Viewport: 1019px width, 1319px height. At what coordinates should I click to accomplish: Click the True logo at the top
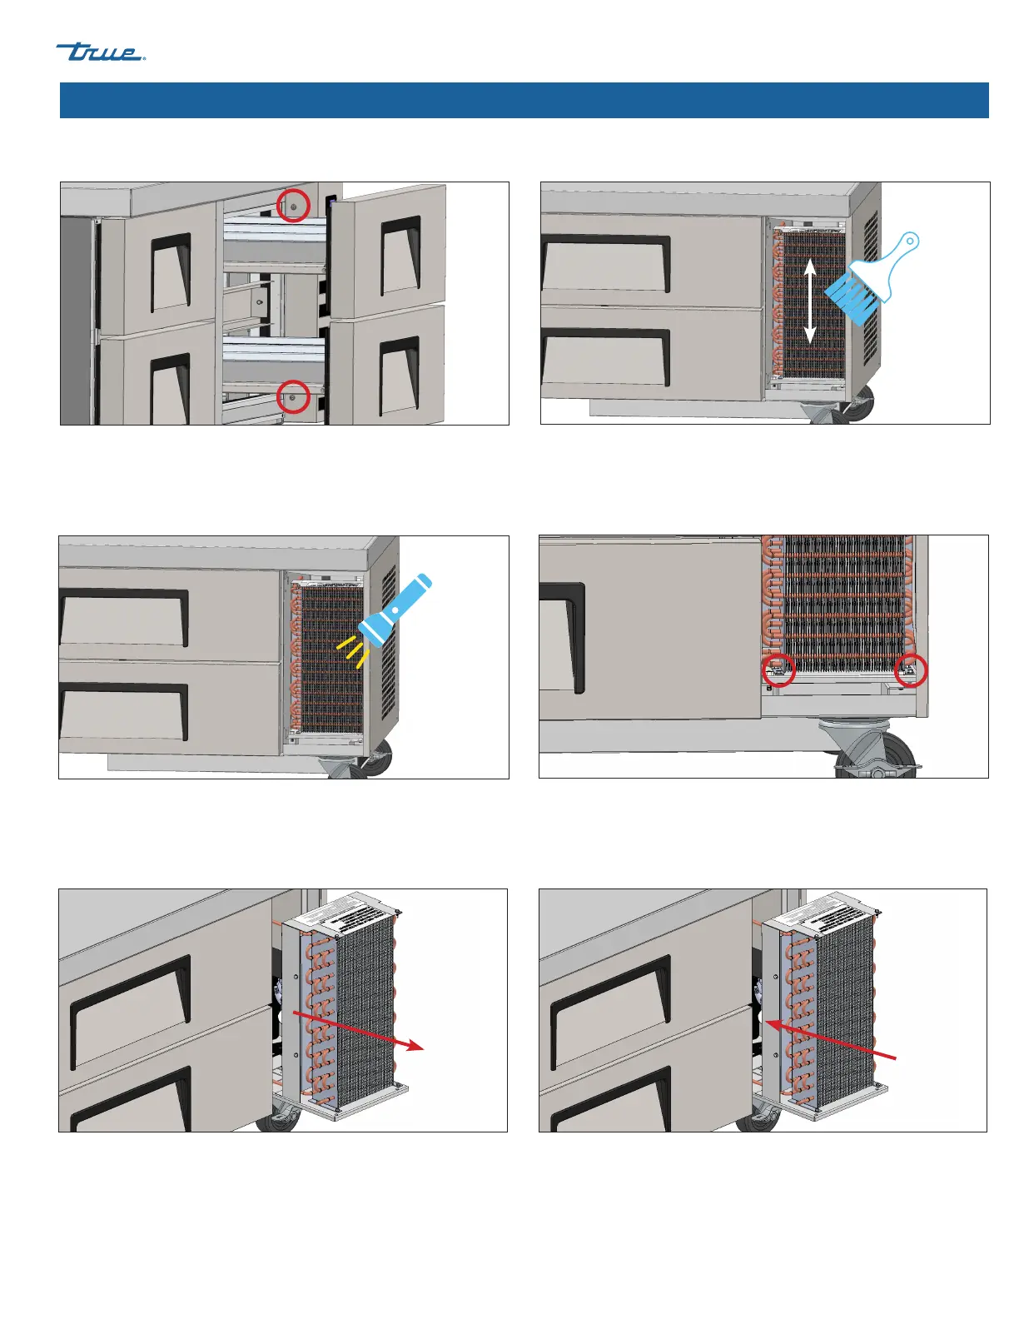click(101, 52)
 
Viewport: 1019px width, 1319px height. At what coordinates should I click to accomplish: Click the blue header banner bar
click(524, 100)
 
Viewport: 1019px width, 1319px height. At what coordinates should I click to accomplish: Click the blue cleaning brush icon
click(872, 278)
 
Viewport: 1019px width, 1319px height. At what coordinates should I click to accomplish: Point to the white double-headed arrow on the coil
click(809, 300)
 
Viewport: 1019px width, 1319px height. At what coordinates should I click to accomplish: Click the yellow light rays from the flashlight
click(354, 651)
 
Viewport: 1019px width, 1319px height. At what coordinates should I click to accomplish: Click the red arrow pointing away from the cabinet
click(358, 1029)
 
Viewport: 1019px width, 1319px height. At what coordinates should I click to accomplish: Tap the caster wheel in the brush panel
click(847, 406)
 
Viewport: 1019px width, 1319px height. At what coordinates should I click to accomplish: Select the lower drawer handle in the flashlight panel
click(124, 711)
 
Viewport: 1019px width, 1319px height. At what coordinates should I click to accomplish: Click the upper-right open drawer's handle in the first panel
click(400, 256)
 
